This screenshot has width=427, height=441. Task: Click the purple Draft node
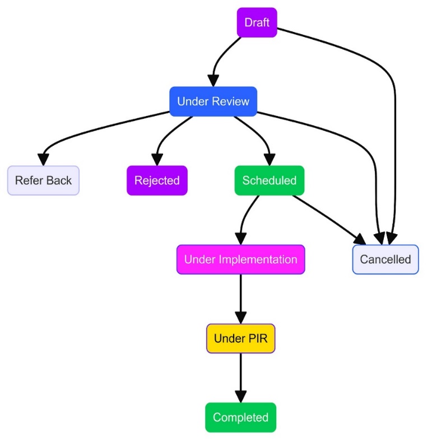(x=257, y=23)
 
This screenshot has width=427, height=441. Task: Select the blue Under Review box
(x=213, y=101)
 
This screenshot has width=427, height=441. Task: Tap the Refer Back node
(x=43, y=180)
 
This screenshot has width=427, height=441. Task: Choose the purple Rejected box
(x=157, y=180)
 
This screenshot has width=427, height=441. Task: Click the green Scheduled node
(x=269, y=180)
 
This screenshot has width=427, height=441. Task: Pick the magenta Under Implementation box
(x=240, y=259)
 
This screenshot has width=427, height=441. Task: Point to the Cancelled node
(x=385, y=259)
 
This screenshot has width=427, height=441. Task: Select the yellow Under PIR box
(x=240, y=338)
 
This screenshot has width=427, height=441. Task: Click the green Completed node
(x=240, y=417)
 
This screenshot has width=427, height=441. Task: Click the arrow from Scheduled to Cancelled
(x=325, y=219)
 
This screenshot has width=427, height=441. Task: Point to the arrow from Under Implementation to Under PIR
(x=240, y=297)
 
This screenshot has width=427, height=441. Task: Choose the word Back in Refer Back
(x=59, y=180)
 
